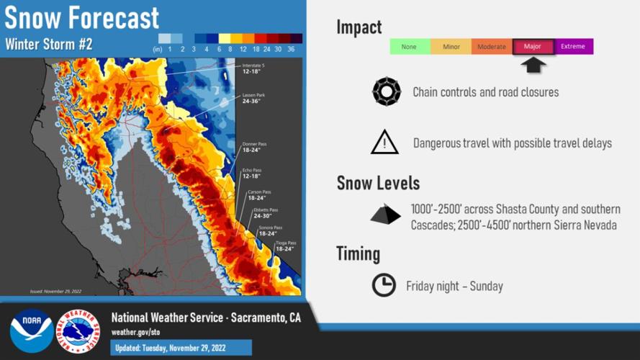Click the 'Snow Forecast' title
point(82,17)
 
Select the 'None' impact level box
point(409,47)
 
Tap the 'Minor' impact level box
point(451,47)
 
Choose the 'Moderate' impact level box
point(492,47)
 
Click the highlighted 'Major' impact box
point(533,47)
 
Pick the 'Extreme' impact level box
point(573,47)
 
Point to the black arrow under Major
point(533,65)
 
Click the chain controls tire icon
point(386,92)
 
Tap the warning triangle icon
point(384,143)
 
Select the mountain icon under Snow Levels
point(386,215)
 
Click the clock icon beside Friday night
point(384,285)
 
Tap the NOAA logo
point(31,330)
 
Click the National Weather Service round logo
point(78,331)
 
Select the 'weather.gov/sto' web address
point(136,332)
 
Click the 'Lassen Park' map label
point(252,98)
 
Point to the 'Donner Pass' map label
point(252,146)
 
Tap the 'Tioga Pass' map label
point(286,245)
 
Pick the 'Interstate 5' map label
point(254,68)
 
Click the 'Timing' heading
point(358,253)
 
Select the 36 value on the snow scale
point(291,49)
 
